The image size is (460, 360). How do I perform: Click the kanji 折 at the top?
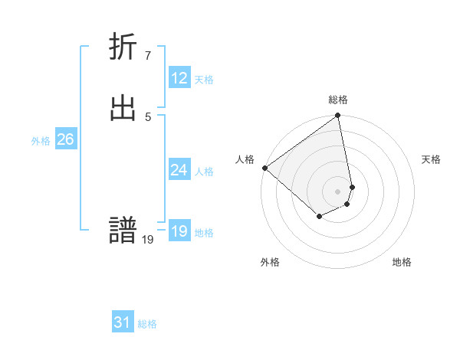click(x=123, y=47)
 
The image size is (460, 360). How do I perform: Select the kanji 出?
click(x=123, y=109)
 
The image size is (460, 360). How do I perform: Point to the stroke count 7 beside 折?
click(x=147, y=55)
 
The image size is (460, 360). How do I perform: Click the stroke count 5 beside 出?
click(x=147, y=116)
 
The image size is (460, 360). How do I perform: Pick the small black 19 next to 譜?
click(x=148, y=239)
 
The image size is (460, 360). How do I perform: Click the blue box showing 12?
click(x=179, y=78)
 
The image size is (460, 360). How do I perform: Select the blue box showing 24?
click(x=179, y=170)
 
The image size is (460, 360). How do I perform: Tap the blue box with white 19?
click(x=179, y=231)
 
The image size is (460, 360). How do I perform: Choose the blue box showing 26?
click(x=65, y=139)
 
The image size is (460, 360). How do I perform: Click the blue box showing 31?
click(x=123, y=322)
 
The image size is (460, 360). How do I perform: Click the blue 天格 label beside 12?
click(x=204, y=80)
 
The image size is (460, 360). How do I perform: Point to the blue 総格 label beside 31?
click(x=147, y=324)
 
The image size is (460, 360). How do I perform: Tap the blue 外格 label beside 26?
click(x=41, y=141)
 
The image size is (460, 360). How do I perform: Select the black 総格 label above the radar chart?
click(x=338, y=100)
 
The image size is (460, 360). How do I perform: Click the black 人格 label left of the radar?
click(x=245, y=159)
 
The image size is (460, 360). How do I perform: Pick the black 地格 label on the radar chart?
click(x=402, y=262)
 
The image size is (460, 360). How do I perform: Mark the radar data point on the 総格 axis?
click(x=338, y=116)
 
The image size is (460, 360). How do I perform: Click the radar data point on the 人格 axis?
click(x=264, y=168)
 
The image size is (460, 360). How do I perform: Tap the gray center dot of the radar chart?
click(x=338, y=191)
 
